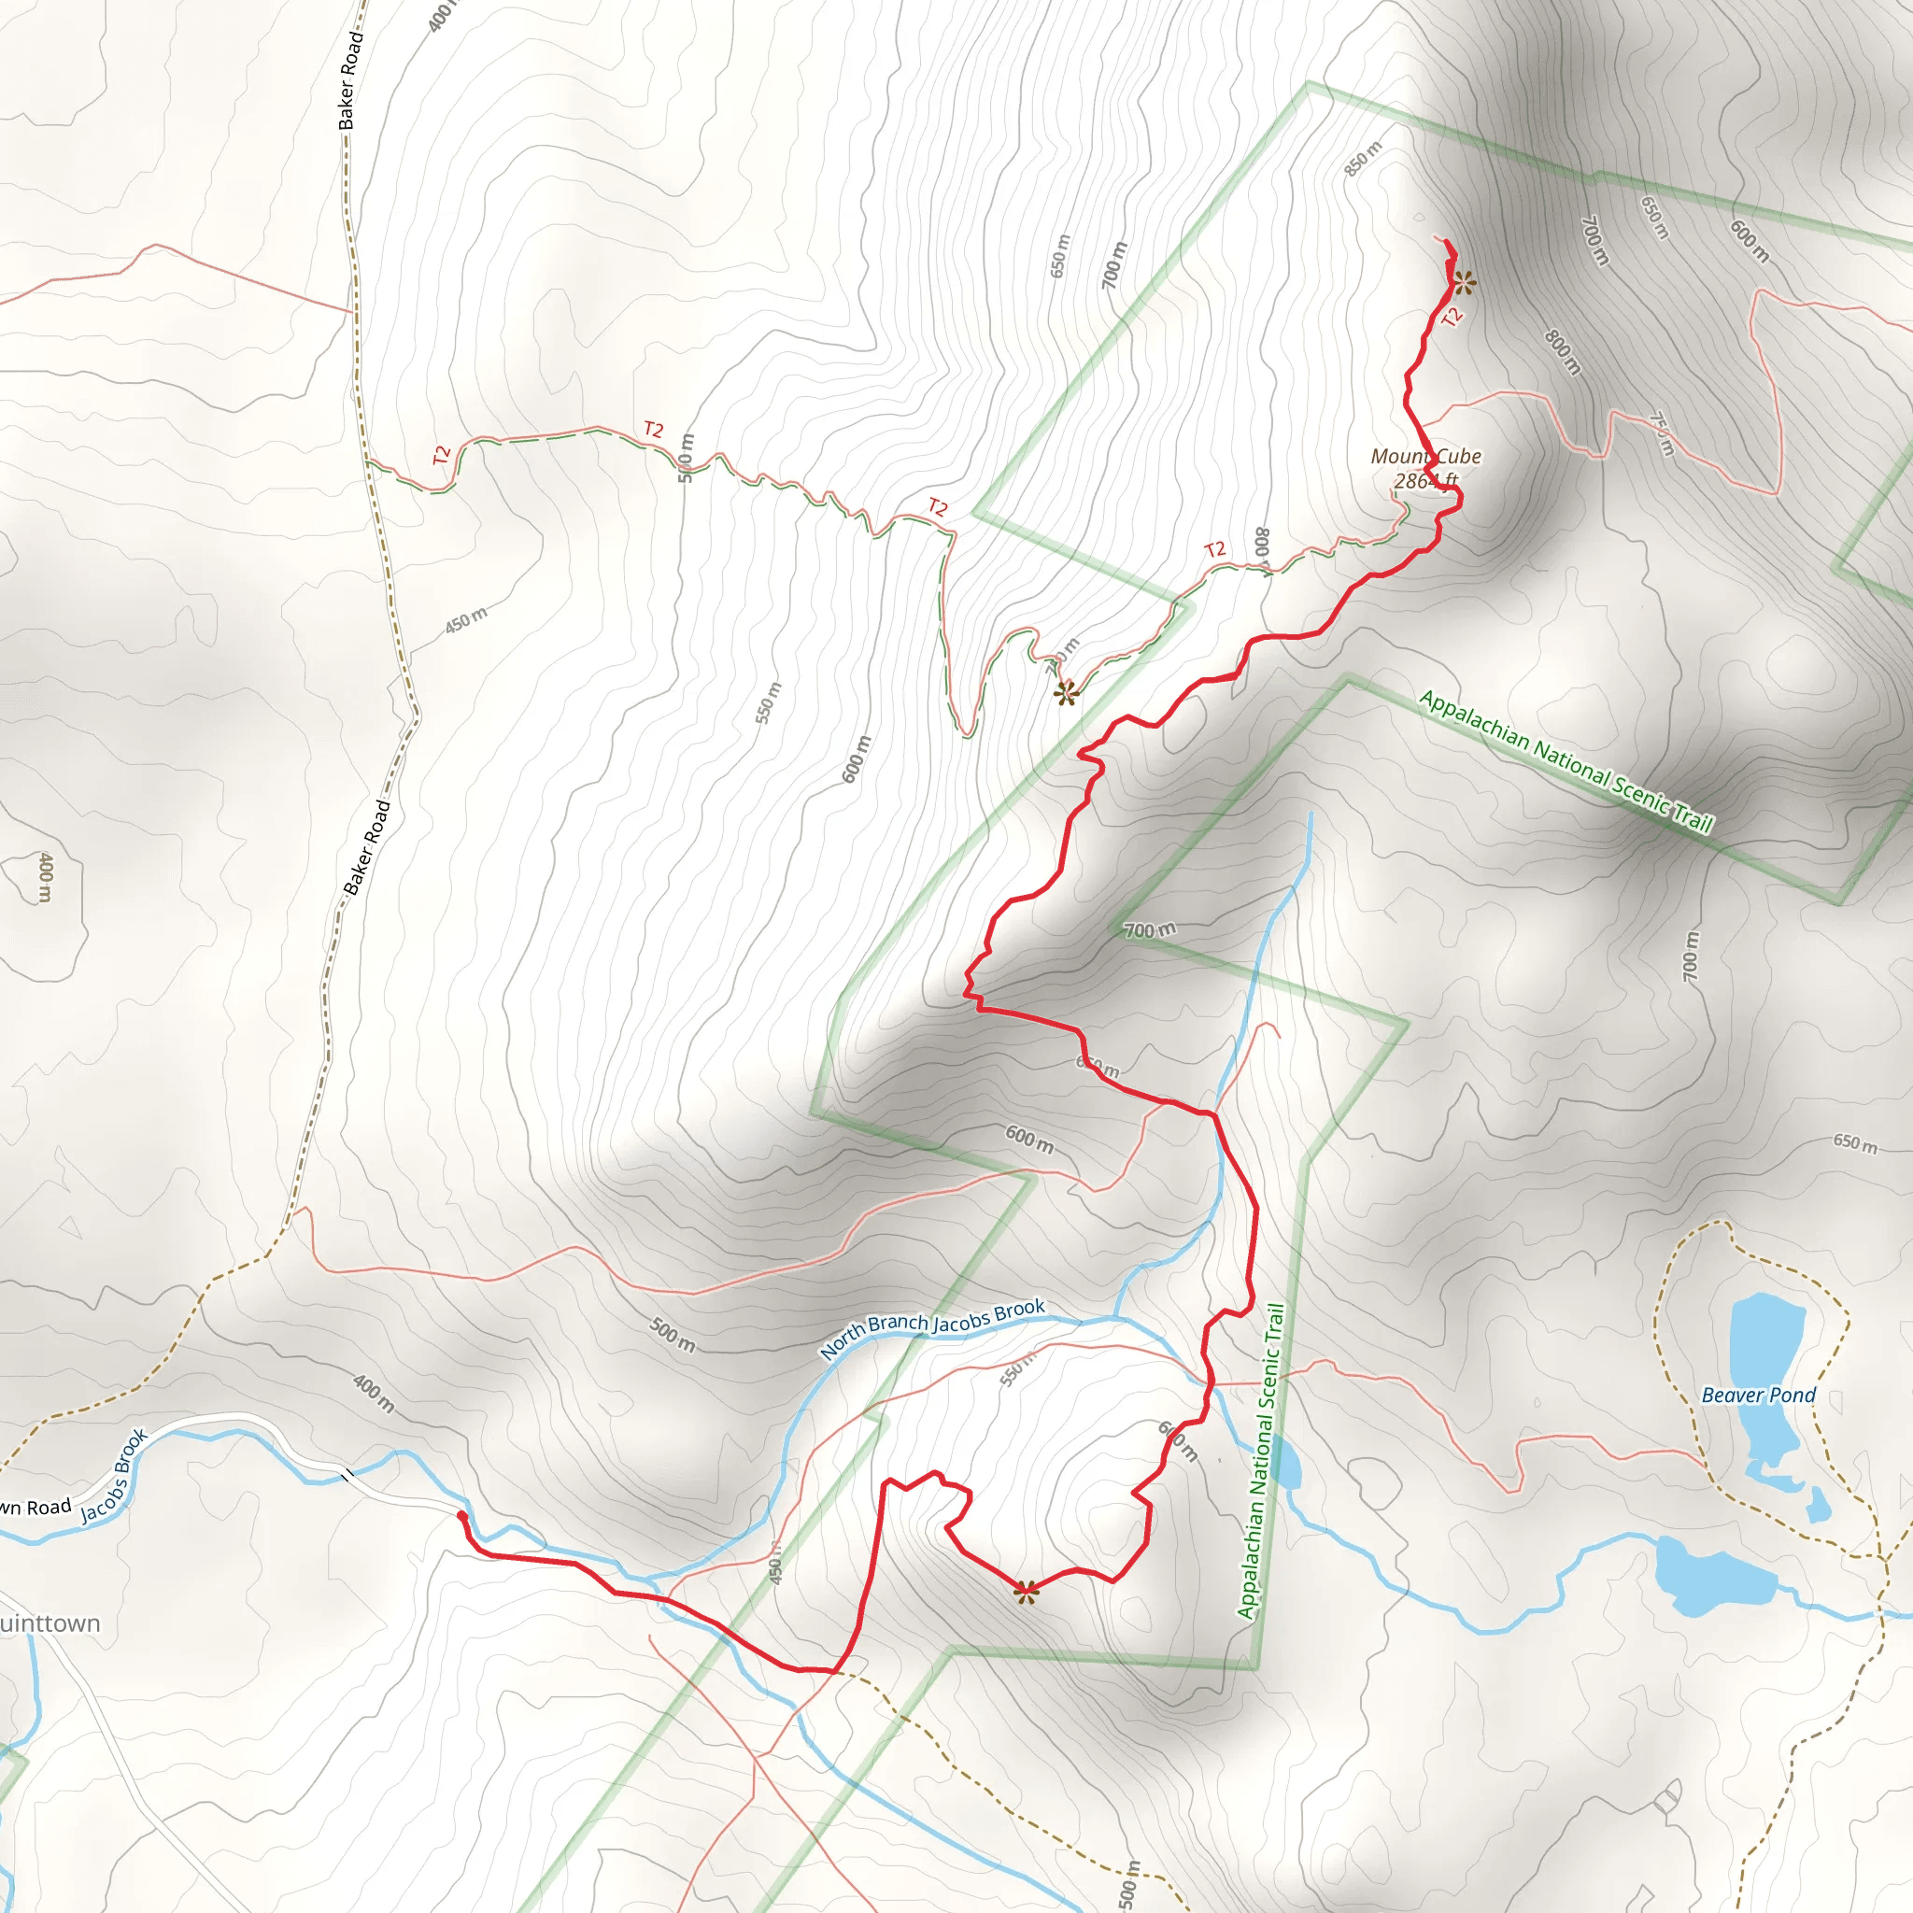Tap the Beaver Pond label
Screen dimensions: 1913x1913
pos(1758,1396)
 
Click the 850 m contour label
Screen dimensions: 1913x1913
pos(1363,160)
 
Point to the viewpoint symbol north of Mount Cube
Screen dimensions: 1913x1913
pos(1465,284)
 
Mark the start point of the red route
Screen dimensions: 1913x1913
pos(461,1515)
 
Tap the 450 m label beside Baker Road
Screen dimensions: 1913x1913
pos(465,620)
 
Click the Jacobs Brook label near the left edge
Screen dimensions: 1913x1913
pos(114,1474)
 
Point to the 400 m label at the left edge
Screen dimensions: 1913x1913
pos(45,876)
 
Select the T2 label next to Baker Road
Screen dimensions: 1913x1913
pos(442,456)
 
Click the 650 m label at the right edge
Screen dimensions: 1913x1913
pos(1853,1142)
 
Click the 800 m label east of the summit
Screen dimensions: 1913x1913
pos(1563,351)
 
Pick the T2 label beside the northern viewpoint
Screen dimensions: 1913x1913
pos(1452,317)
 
